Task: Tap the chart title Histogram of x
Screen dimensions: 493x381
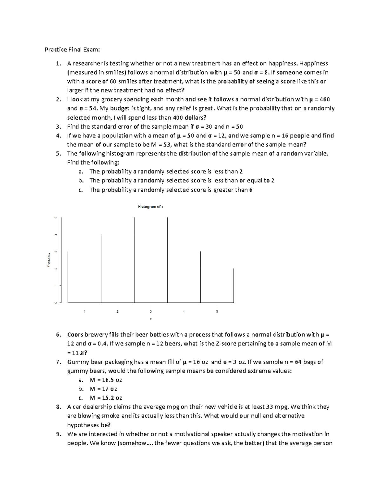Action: point(150,207)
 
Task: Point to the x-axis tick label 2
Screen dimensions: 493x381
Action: point(117,311)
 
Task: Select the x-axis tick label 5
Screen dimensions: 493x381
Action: point(217,311)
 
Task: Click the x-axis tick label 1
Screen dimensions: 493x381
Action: point(84,311)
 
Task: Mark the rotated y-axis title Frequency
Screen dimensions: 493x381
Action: point(49,260)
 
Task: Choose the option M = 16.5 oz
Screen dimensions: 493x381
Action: point(106,380)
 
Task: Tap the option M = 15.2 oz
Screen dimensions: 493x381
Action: point(106,398)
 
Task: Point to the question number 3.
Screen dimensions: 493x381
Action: point(58,127)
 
